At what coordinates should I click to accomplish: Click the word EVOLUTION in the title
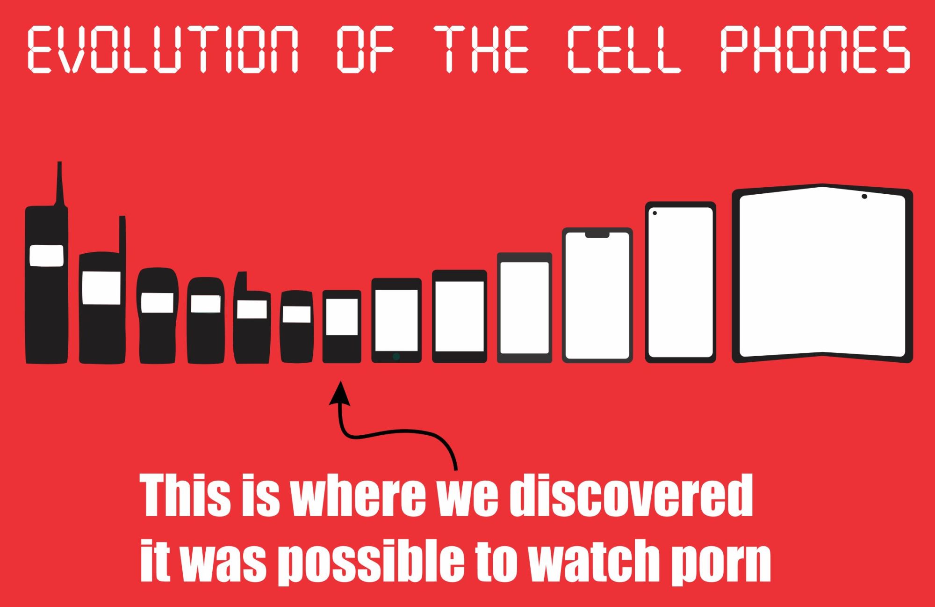click(163, 49)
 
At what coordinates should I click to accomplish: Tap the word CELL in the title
click(624, 49)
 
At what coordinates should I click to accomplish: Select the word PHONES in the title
click(815, 49)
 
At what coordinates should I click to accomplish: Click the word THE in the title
click(482, 49)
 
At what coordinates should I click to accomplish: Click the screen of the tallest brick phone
click(46, 256)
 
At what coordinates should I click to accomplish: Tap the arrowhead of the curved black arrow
click(340, 393)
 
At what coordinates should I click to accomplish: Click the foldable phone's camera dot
click(864, 196)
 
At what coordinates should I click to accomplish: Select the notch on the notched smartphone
click(597, 234)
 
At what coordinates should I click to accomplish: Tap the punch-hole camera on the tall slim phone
click(654, 213)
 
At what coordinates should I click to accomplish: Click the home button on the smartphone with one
click(396, 357)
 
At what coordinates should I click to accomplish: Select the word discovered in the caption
click(631, 496)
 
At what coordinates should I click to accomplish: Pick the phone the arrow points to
click(342, 327)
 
